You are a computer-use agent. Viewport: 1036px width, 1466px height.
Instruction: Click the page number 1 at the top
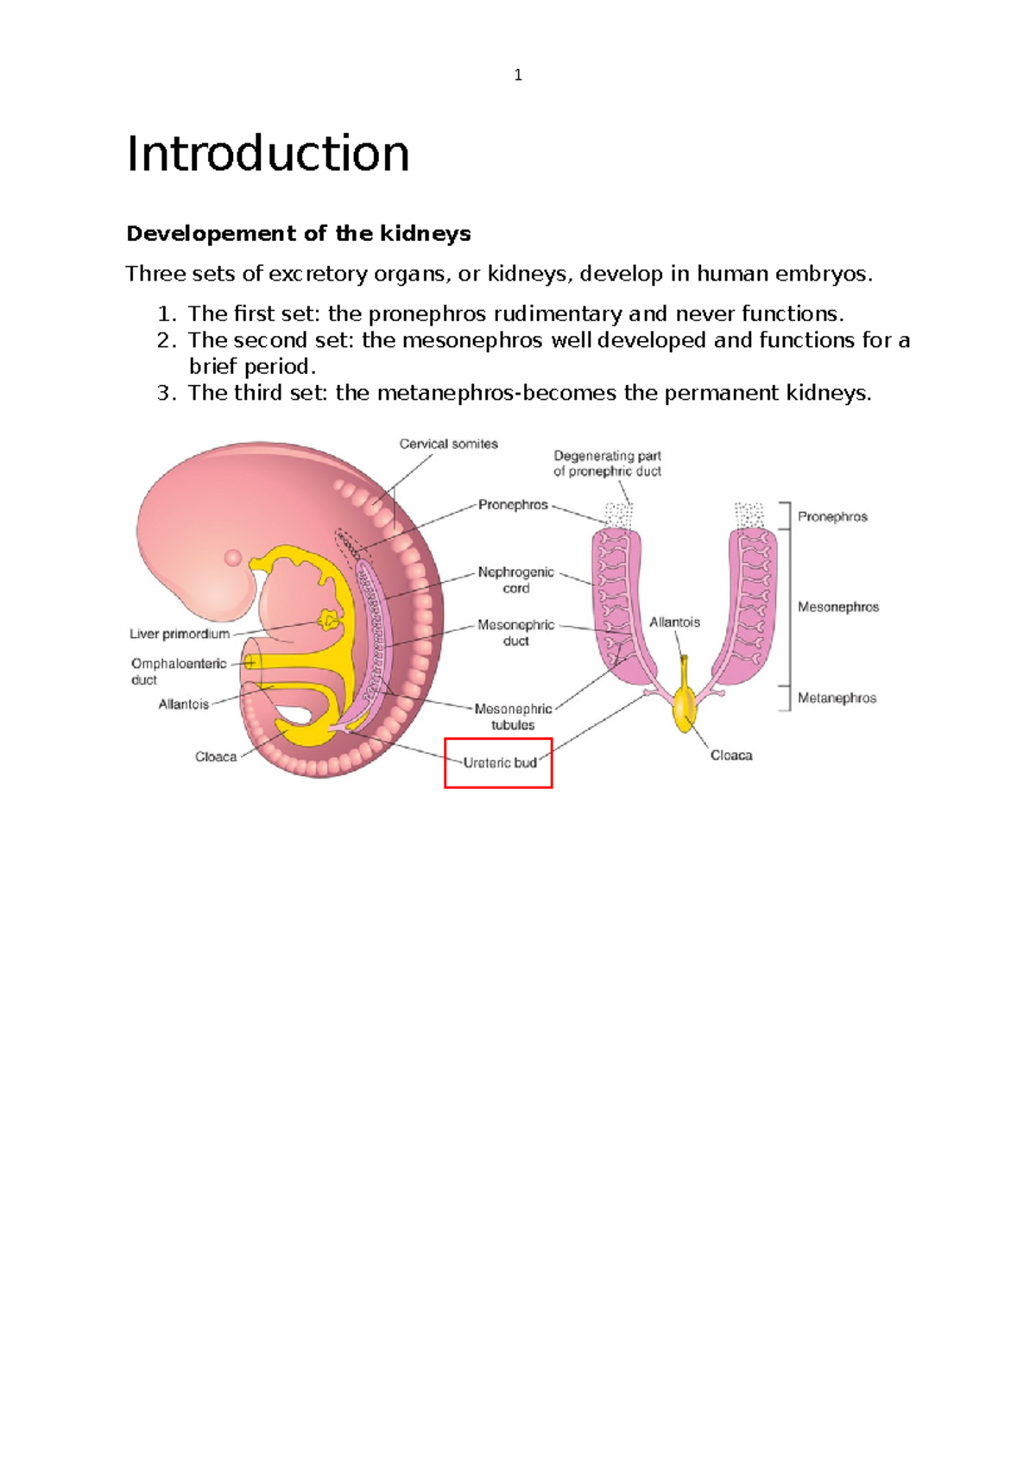[x=518, y=75]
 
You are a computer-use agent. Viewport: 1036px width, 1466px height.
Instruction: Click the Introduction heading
[x=268, y=154]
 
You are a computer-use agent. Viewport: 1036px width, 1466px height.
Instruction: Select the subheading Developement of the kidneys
[x=299, y=233]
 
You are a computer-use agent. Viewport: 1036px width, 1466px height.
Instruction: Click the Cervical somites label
[x=448, y=444]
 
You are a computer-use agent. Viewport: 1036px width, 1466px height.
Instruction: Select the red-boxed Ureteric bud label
[x=499, y=763]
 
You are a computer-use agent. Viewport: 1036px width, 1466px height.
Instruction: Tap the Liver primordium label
[x=180, y=634]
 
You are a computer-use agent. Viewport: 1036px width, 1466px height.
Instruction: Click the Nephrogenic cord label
[x=515, y=580]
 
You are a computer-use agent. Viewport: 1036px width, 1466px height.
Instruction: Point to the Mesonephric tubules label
[x=513, y=717]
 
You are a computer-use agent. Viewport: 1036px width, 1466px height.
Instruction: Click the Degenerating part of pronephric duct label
[x=607, y=464]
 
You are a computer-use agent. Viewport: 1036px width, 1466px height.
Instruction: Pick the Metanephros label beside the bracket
[x=837, y=698]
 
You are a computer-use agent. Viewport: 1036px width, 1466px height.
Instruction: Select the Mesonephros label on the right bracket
[x=837, y=607]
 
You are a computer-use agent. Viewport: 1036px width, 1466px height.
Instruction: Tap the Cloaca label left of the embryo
[x=215, y=756]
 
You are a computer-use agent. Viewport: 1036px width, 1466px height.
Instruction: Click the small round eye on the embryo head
[x=233, y=558]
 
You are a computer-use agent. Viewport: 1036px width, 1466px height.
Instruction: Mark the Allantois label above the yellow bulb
[x=674, y=622]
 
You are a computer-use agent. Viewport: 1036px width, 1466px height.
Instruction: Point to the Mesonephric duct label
[x=515, y=633]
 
